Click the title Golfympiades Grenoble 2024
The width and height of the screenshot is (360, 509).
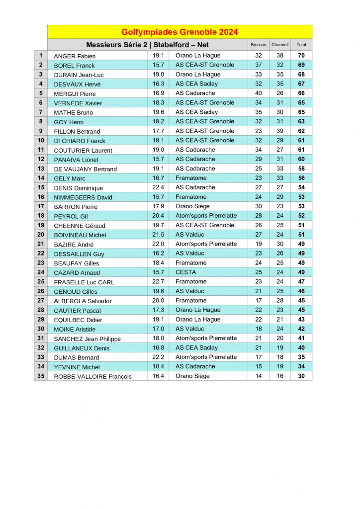pos(180,32)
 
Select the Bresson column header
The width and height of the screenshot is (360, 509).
pos(259,45)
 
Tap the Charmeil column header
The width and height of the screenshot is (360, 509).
pos(280,45)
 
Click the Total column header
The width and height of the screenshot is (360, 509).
pos(301,45)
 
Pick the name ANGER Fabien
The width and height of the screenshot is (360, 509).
pos(75,56)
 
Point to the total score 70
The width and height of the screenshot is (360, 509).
pos(301,56)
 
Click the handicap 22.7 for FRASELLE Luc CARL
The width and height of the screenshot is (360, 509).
pos(158,282)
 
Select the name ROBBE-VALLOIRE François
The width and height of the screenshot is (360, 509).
pos(93,377)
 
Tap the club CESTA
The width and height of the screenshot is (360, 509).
pos(185,272)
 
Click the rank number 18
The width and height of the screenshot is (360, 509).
pos(41,216)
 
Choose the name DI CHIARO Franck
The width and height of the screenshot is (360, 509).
pos(80,141)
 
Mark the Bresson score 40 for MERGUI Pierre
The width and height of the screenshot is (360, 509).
pos(259,93)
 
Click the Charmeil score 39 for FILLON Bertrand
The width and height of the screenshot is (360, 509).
pos(280,131)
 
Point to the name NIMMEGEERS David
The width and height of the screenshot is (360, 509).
pos(83,197)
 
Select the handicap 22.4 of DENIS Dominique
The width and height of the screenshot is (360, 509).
pos(158,187)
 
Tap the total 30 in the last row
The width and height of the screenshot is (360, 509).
pos(301,376)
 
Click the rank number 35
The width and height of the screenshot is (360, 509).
pos(41,376)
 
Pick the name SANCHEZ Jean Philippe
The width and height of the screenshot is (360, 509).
pos(88,339)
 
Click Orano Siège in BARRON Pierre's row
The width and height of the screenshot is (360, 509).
pos(192,206)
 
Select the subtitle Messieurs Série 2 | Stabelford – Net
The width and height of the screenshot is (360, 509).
pos(147,45)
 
